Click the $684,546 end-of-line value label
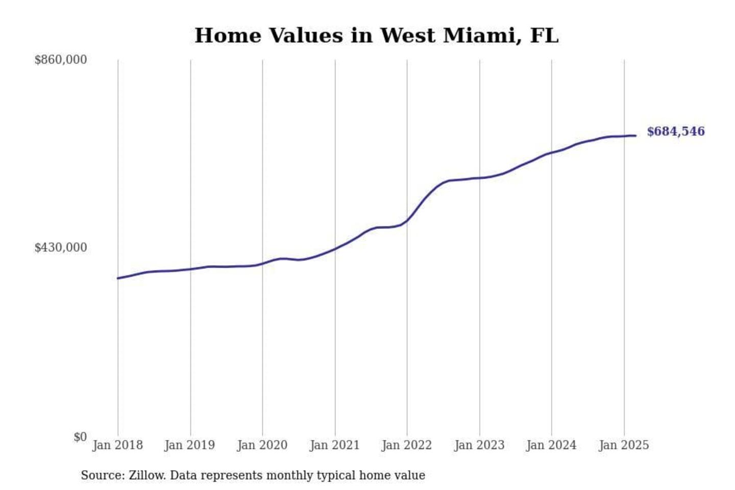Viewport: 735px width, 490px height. [675, 132]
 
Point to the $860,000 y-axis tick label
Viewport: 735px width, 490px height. [60, 60]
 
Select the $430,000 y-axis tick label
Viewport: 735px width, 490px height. [60, 248]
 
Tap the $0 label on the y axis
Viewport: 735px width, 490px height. [80, 437]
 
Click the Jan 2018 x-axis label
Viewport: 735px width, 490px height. [117, 445]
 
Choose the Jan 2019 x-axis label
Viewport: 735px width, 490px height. [190, 445]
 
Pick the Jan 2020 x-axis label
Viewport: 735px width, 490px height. [262, 445]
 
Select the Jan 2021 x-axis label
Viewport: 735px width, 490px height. [335, 445]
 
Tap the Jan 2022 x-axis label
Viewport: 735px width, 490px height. [407, 445]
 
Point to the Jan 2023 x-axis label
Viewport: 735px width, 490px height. [479, 445]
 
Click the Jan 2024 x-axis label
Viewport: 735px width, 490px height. [551, 445]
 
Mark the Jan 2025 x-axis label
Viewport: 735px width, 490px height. [624, 445]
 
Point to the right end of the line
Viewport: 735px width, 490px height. [635, 135]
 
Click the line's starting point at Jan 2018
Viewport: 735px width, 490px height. [118, 278]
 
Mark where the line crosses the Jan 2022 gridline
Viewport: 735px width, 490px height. [407, 220]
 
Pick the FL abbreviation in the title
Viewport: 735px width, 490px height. [544, 36]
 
